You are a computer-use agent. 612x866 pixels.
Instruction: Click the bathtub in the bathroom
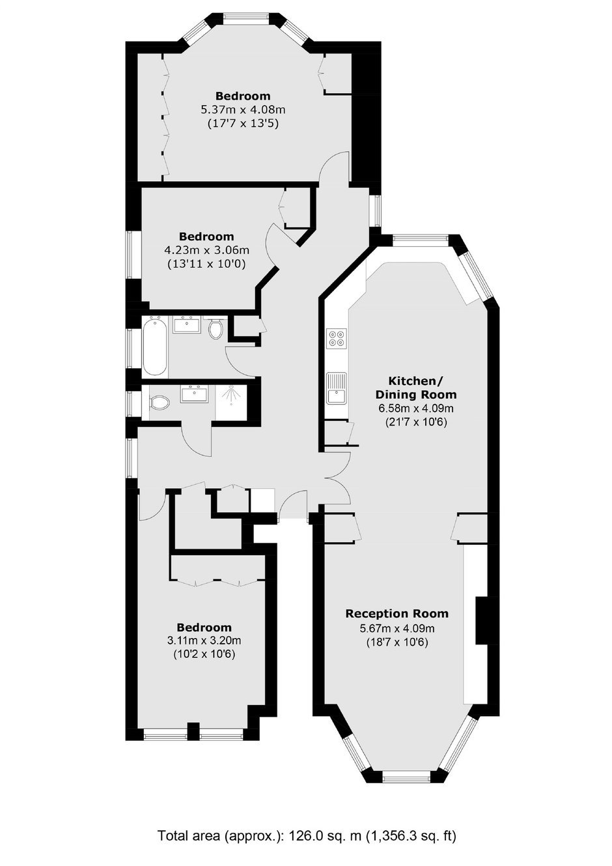click(x=155, y=347)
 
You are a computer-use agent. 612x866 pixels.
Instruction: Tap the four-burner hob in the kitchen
click(x=337, y=338)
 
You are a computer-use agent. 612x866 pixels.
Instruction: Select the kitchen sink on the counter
click(x=337, y=388)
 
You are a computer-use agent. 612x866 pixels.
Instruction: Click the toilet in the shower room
click(x=159, y=403)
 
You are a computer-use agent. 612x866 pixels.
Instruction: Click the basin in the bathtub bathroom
click(x=187, y=325)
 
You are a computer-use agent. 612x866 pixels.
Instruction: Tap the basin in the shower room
click(x=194, y=394)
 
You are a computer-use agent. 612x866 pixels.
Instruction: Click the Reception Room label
click(x=396, y=614)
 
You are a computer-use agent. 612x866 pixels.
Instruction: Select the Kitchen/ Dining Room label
click(x=416, y=388)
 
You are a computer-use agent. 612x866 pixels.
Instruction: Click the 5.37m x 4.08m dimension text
click(x=243, y=109)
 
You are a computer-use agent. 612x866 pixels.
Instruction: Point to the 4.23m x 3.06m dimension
click(x=206, y=250)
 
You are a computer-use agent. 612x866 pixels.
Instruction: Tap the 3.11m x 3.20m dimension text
click(x=204, y=641)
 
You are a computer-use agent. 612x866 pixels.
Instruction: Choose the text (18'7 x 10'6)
click(x=397, y=642)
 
